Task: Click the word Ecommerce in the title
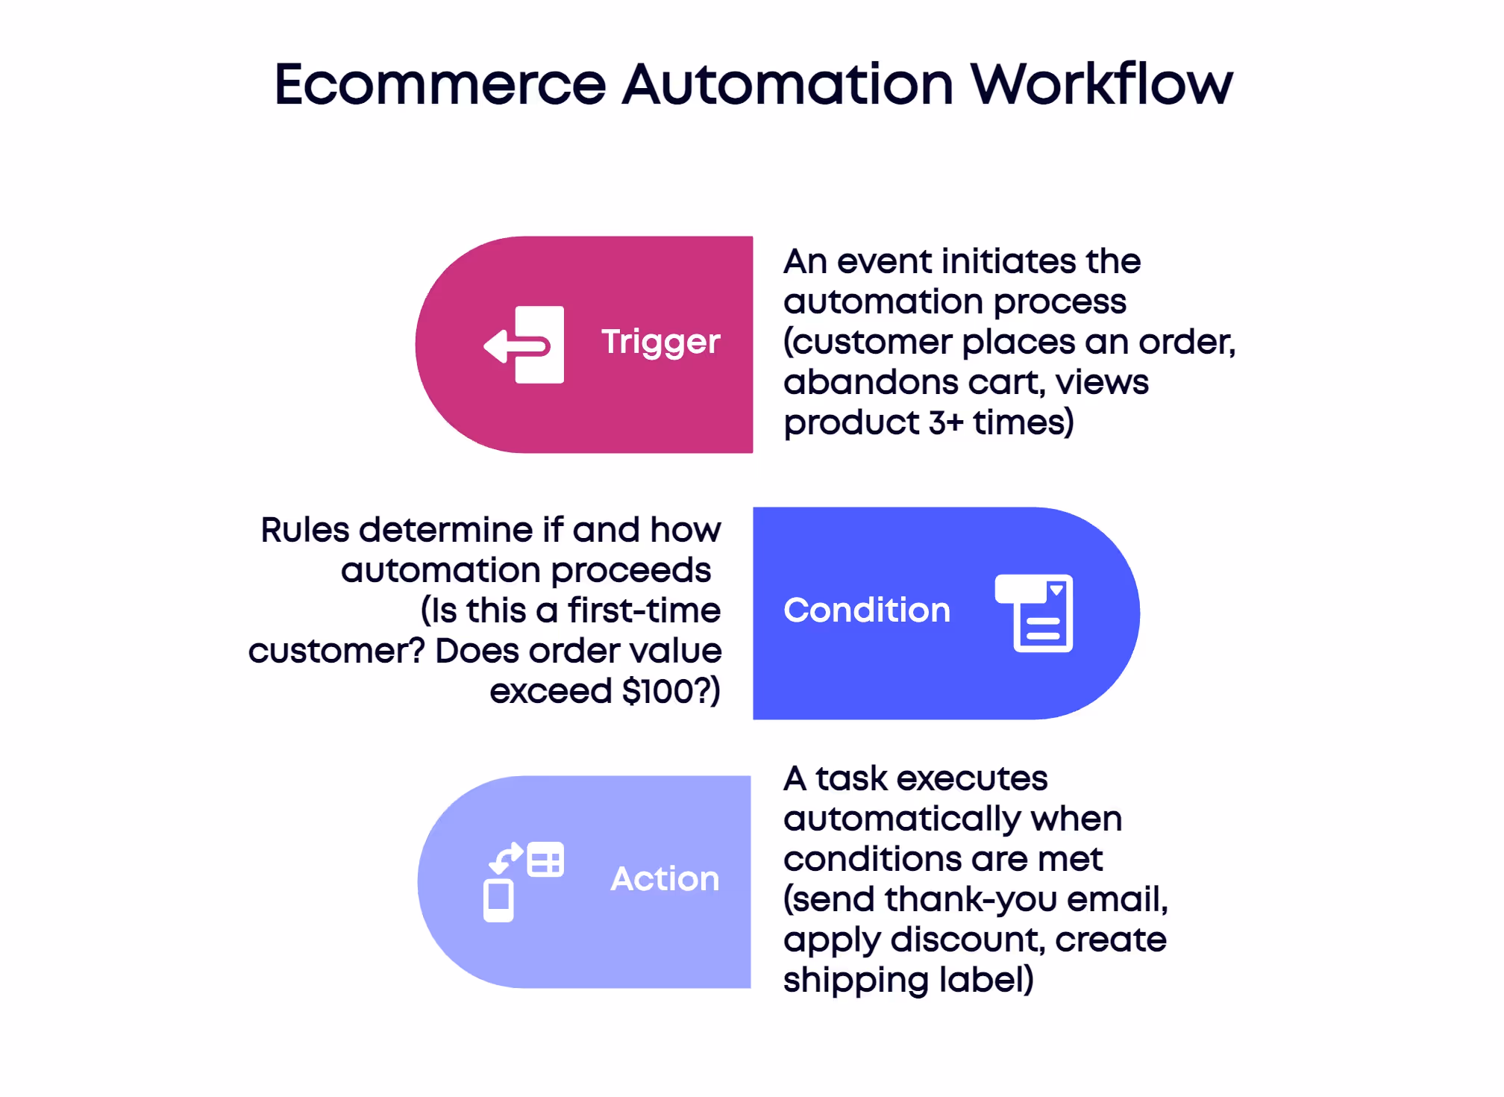[x=440, y=84]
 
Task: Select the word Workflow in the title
[x=1101, y=84]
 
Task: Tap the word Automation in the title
[x=788, y=84]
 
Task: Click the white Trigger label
[x=660, y=343]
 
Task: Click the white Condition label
[x=867, y=610]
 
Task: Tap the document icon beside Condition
[x=1035, y=613]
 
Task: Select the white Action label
[x=665, y=879]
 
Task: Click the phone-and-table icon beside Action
[x=523, y=881]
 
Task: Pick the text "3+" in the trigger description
[x=946, y=423]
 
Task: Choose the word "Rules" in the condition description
[x=304, y=531]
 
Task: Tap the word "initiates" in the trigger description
[x=1009, y=262]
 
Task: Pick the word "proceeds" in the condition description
[x=630, y=571]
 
